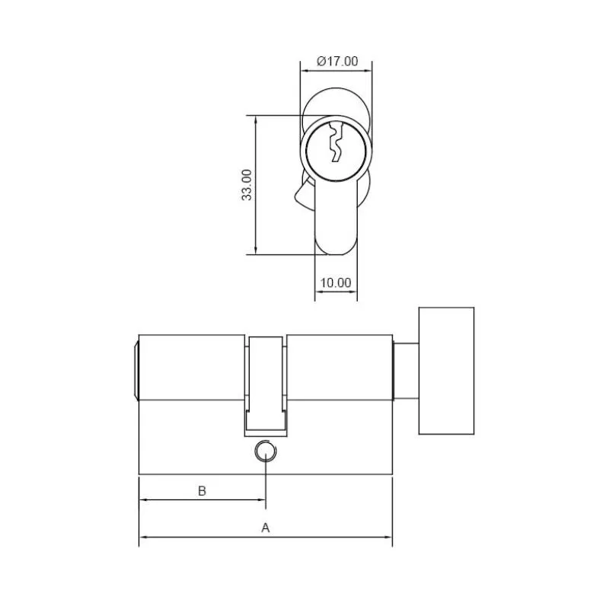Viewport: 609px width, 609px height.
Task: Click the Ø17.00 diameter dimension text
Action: [x=336, y=62]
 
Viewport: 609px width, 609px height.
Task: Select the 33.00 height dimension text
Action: [x=246, y=185]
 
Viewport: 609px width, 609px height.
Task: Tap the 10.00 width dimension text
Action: [x=335, y=282]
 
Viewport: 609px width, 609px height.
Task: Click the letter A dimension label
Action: [x=266, y=527]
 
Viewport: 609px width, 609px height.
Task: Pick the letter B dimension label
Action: [x=202, y=491]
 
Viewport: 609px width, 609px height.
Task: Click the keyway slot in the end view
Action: [x=334, y=144]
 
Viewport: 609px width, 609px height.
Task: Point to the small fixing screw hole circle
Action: [x=265, y=452]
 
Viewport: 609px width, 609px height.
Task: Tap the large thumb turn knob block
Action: [x=446, y=371]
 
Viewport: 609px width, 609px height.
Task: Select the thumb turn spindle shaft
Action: [x=405, y=370]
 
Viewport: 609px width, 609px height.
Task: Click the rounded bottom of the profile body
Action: [x=336, y=244]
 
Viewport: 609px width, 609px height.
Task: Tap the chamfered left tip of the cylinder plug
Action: [x=136, y=370]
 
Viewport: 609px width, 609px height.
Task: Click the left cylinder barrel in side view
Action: [x=190, y=367]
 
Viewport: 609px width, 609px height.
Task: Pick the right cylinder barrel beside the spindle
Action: [x=340, y=367]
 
